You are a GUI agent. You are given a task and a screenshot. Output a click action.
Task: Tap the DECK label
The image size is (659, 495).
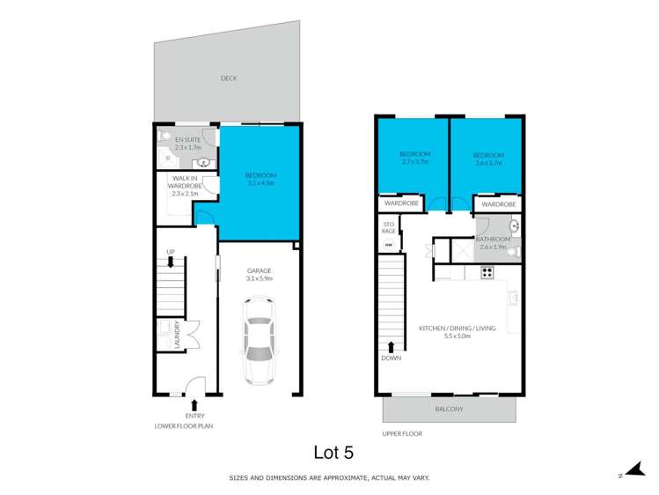tap(229, 78)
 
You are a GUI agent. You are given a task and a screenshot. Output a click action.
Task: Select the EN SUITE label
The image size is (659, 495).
tap(188, 144)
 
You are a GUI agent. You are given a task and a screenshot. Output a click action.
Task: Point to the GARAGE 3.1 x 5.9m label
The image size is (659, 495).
tap(259, 274)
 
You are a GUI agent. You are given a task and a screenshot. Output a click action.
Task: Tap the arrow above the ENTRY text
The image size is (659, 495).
tap(194, 404)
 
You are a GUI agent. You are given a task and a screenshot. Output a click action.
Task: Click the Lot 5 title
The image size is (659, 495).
tap(335, 452)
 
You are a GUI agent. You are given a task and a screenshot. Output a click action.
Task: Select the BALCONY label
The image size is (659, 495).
tap(450, 410)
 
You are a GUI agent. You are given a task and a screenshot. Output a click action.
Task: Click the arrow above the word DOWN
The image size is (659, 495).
tap(390, 345)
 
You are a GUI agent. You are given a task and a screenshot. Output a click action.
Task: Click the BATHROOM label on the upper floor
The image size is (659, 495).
tap(493, 242)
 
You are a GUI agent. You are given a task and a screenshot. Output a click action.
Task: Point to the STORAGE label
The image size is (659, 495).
tap(389, 229)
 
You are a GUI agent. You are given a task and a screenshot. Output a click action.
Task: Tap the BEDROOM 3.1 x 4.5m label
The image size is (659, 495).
tap(261, 179)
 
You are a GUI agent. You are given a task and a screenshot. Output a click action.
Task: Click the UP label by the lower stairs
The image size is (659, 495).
tap(171, 253)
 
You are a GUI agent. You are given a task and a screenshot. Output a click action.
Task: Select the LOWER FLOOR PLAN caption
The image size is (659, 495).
tap(183, 425)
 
